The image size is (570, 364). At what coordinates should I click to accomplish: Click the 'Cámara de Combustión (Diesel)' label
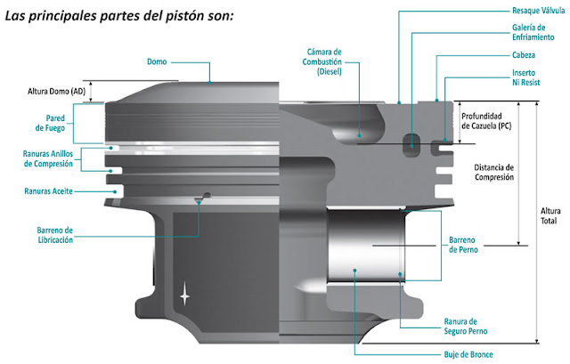(329, 62)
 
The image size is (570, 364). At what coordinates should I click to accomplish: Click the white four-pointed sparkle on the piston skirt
(185, 293)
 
